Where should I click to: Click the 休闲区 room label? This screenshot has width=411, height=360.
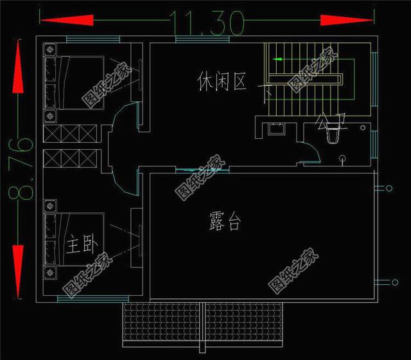(222, 82)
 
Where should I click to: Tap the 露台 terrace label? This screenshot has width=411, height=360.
(225, 222)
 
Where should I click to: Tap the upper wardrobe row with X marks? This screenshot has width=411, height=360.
(70, 133)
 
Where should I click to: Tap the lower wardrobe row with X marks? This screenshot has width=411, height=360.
(70, 157)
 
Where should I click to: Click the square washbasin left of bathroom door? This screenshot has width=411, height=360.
(276, 128)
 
